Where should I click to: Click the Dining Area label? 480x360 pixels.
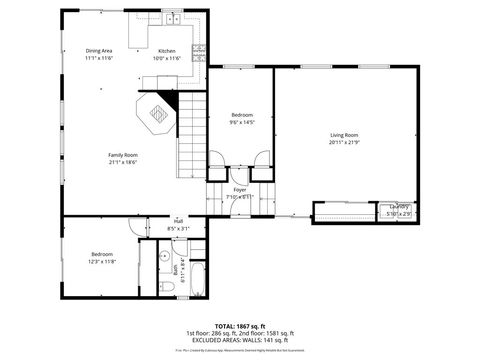click(98, 51)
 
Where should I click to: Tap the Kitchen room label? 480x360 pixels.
click(166, 51)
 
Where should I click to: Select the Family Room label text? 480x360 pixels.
click(123, 155)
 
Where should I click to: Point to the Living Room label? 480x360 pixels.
click(344, 135)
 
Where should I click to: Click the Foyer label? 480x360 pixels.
click(240, 190)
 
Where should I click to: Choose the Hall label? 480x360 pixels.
click(178, 221)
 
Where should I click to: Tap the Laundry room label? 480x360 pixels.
click(399, 208)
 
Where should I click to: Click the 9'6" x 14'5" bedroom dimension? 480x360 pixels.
click(242, 123)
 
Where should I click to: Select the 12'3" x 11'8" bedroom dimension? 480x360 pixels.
click(103, 261)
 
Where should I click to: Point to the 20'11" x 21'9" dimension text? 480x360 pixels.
click(344, 142)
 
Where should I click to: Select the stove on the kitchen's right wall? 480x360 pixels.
click(201, 49)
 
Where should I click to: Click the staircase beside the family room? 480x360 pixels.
click(191, 140)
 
